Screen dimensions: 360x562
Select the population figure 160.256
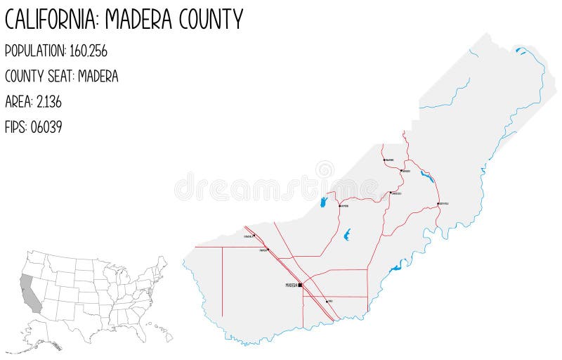point(85,51)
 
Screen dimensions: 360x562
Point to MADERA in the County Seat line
point(98,76)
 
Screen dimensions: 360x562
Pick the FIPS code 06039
point(46,128)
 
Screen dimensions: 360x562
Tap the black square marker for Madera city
point(300,285)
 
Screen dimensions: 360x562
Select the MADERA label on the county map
point(291,285)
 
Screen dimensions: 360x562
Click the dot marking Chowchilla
point(254,236)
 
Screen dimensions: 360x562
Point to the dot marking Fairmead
point(267,249)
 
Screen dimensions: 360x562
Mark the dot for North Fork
point(438,204)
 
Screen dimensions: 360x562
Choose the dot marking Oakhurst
point(401,170)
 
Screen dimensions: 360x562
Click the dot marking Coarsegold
point(391,193)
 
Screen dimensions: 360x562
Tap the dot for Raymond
point(339,206)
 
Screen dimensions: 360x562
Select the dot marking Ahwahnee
point(384,160)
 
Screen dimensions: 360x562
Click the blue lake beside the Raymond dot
point(324,202)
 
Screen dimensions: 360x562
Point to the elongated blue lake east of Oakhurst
point(426,176)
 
